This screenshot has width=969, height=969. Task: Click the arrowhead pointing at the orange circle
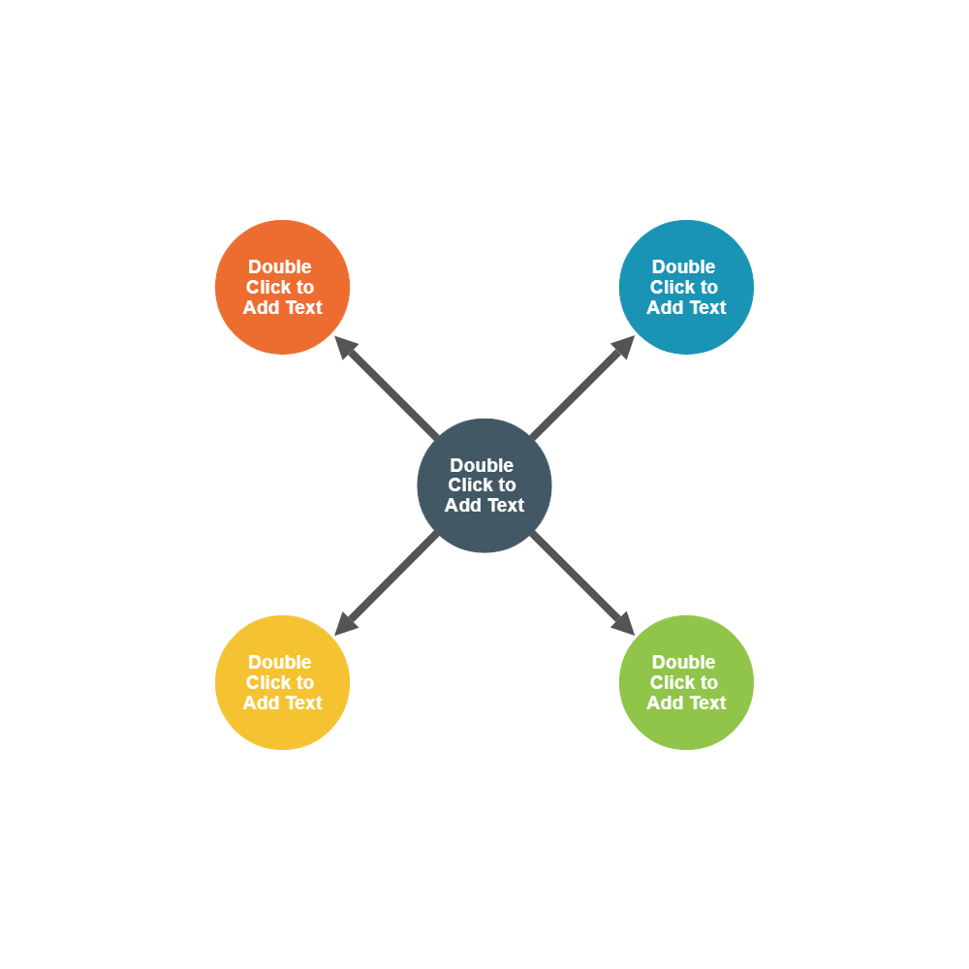pos(345,346)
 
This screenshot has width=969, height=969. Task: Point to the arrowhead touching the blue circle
pos(624,346)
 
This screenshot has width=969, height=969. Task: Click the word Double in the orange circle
pos(280,266)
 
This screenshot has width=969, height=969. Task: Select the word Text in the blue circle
pos(707,307)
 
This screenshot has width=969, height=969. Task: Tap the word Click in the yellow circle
pos(268,682)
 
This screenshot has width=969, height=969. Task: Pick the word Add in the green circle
pos(665,703)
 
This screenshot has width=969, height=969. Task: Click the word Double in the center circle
pos(482,465)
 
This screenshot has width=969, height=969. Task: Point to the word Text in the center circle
pos(505,505)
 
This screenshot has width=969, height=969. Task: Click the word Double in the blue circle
pos(683,266)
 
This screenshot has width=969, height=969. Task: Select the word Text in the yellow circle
pos(303,703)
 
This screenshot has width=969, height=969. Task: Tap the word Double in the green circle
pos(683,662)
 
